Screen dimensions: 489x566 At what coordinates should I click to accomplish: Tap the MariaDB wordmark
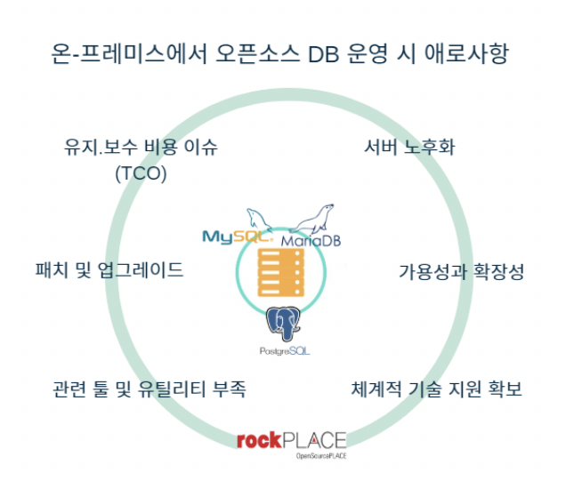(311, 240)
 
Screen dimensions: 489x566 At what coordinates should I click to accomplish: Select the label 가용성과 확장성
(460, 271)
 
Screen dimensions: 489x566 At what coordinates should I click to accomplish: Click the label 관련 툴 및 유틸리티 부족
(149, 389)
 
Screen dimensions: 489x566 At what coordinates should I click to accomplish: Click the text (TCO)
(141, 174)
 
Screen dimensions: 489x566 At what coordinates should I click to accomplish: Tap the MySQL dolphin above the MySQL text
(256, 218)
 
